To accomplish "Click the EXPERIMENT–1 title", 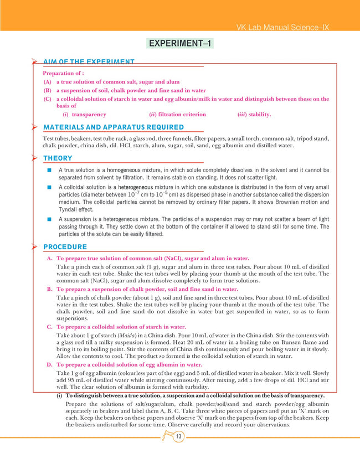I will pyautogui.click(x=180, y=43).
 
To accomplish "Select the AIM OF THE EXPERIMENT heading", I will pyautogui.click(x=89, y=61).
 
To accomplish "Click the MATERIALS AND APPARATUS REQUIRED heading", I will pyautogui.click(x=114, y=127).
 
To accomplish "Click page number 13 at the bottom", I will pyautogui.click(x=178, y=438).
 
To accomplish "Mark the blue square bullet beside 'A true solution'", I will pyautogui.click(x=49, y=170).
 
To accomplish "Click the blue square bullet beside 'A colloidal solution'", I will pyautogui.click(x=49, y=187).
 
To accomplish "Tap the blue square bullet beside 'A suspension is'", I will pyautogui.click(x=49, y=219).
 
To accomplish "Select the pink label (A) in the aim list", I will pyautogui.click(x=47, y=82).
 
